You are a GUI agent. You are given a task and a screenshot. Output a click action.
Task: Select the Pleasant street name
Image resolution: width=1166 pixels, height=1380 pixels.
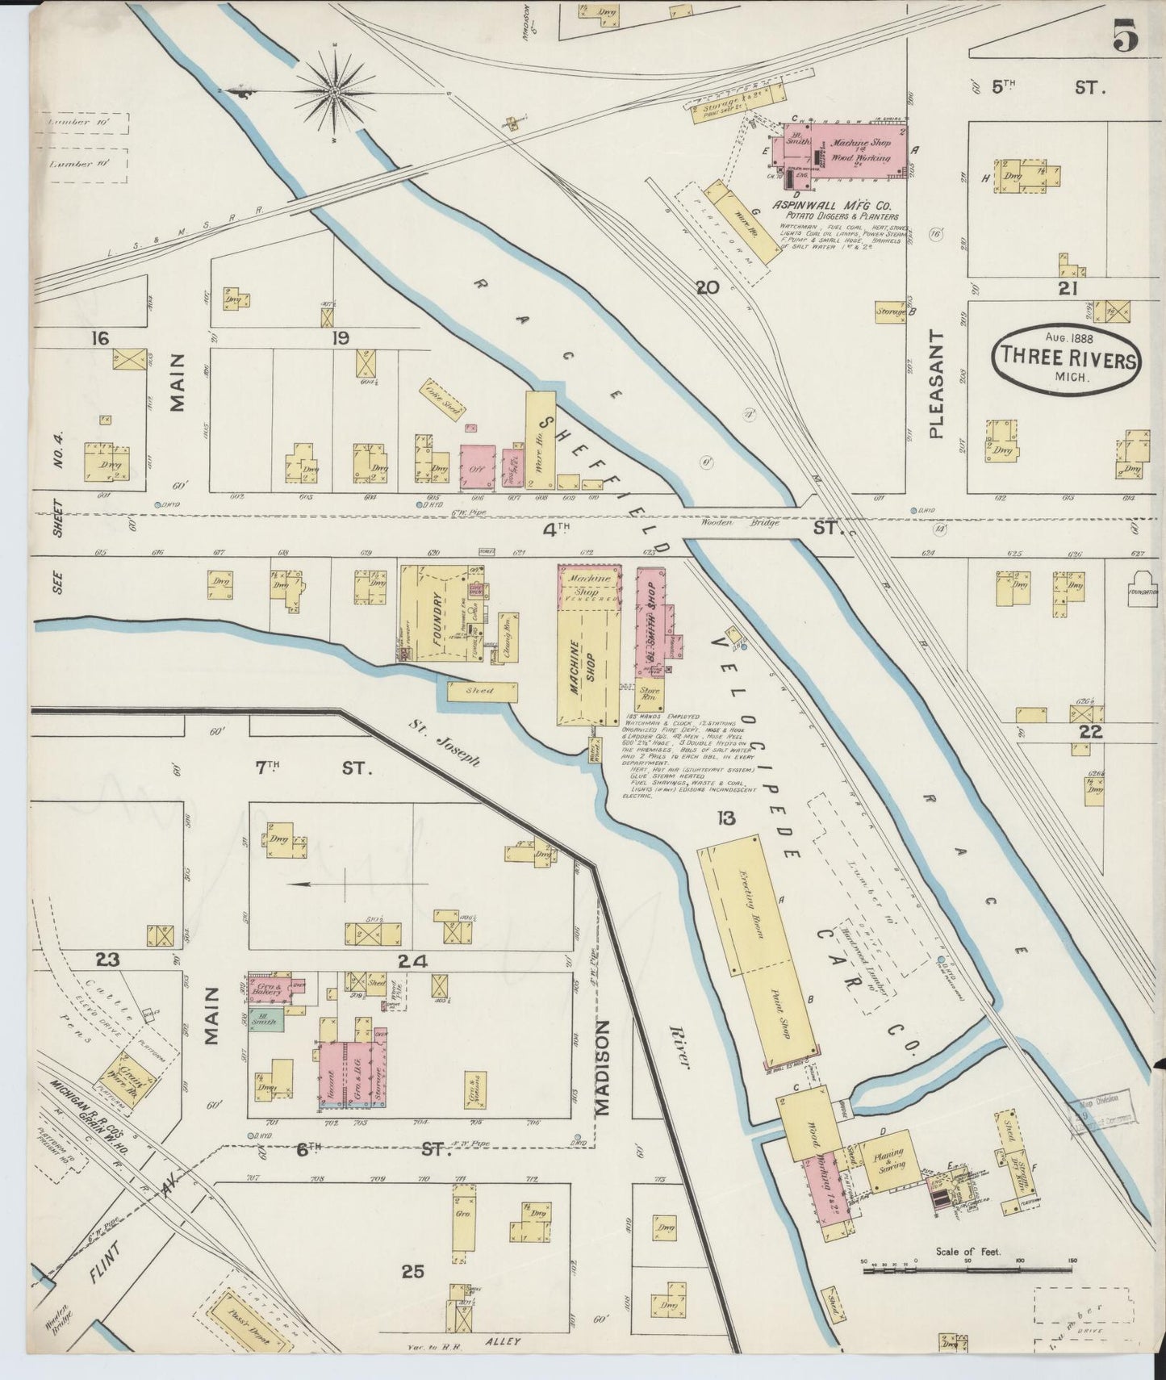[x=936, y=384]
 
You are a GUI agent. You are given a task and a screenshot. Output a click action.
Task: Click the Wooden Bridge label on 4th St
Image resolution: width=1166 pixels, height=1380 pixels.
[x=750, y=523]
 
